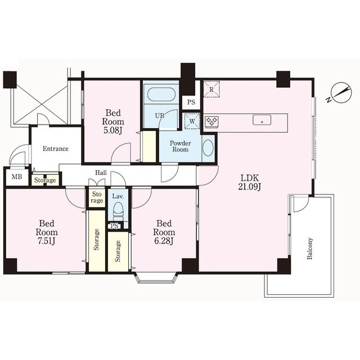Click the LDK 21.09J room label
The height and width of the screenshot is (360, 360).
(249, 182)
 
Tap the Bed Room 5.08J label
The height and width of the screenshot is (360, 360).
(113, 121)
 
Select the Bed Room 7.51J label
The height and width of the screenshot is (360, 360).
(47, 232)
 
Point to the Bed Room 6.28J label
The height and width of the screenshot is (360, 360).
(164, 232)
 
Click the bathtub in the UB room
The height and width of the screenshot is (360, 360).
(161, 94)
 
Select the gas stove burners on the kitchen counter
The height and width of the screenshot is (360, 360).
(211, 121)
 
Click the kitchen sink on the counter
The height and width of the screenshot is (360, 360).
(262, 120)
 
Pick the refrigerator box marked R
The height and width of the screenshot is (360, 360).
(211, 89)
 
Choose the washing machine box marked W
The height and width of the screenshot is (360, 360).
(192, 121)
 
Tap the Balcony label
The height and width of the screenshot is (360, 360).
(310, 249)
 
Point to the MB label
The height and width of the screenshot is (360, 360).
(17, 177)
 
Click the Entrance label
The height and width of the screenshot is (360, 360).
(56, 148)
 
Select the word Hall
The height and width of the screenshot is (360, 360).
(101, 173)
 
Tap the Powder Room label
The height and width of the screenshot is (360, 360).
(181, 146)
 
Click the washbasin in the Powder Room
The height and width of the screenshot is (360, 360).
(208, 148)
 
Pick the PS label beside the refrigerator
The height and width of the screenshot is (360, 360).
(191, 102)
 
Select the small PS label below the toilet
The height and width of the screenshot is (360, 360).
(114, 226)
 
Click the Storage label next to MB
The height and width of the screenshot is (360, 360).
(45, 180)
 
